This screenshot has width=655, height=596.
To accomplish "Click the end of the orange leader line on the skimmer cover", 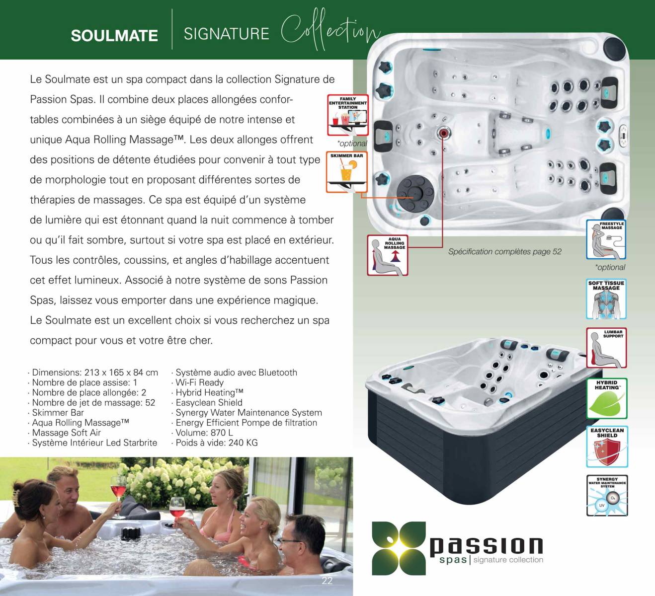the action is click(x=413, y=198).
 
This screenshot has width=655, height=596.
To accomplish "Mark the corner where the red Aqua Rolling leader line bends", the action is click(x=442, y=247).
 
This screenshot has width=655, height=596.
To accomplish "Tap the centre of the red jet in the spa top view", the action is click(x=443, y=133).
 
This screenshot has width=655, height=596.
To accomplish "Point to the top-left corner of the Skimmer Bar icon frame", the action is click(x=327, y=152).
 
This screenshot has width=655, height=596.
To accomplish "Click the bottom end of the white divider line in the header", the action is click(x=172, y=49).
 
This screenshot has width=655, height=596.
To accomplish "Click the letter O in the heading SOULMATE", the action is click(x=89, y=36).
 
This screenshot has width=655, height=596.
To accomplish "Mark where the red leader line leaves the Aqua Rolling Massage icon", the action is click(x=408, y=247).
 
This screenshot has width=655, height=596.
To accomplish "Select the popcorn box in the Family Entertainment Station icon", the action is click(x=345, y=120).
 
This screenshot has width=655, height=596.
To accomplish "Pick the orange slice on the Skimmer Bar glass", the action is click(x=353, y=165).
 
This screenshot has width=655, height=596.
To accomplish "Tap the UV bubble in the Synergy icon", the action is click(x=602, y=506).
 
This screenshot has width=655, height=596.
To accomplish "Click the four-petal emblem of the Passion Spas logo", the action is click(x=399, y=548).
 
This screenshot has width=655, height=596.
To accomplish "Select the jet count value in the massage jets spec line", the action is click(x=150, y=403).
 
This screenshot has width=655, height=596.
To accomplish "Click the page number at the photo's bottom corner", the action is click(x=327, y=581).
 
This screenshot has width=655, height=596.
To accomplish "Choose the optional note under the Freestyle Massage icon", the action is click(x=610, y=267).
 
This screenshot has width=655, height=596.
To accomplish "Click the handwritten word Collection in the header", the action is click(x=330, y=30).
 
